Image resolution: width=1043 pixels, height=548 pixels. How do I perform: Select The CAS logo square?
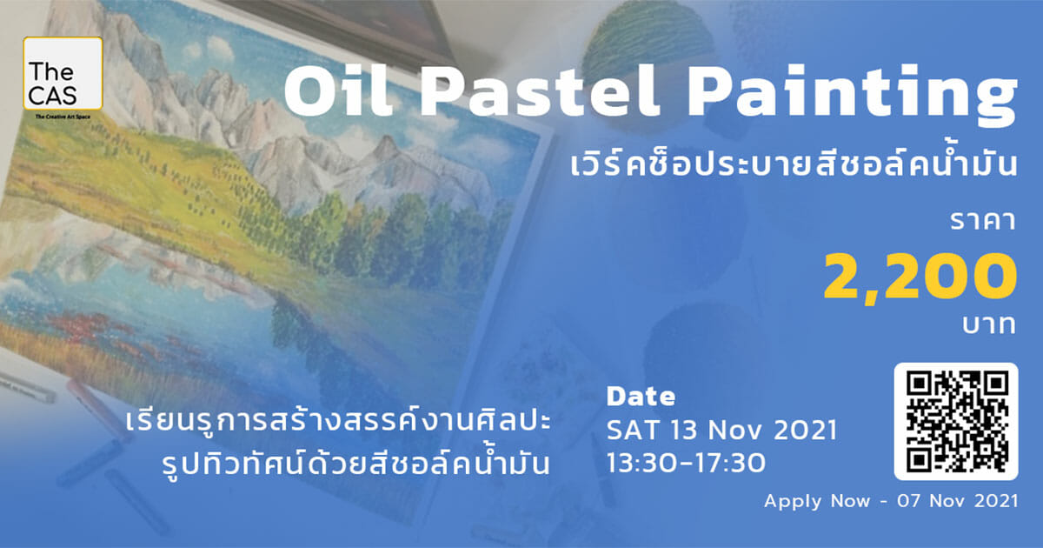click(63, 74)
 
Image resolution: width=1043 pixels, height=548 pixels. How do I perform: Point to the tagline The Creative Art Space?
click(63, 117)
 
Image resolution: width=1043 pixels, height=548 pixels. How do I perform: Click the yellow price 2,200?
click(920, 278)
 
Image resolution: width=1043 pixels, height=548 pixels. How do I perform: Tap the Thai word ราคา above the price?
click(982, 221)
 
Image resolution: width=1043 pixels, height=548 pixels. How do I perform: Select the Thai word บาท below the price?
click(989, 324)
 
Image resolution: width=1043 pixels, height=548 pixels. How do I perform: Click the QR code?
click(956, 421)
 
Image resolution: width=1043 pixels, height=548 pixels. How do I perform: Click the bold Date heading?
click(641, 397)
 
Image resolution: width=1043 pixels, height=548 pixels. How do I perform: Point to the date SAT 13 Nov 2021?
click(721, 430)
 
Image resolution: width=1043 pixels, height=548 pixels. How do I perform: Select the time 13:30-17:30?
click(687, 463)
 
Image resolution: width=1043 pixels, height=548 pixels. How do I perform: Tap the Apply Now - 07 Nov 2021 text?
click(891, 501)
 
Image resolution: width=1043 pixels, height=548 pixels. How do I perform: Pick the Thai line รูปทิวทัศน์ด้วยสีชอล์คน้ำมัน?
click(356, 462)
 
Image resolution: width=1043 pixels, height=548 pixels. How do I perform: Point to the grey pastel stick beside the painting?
click(25, 387)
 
